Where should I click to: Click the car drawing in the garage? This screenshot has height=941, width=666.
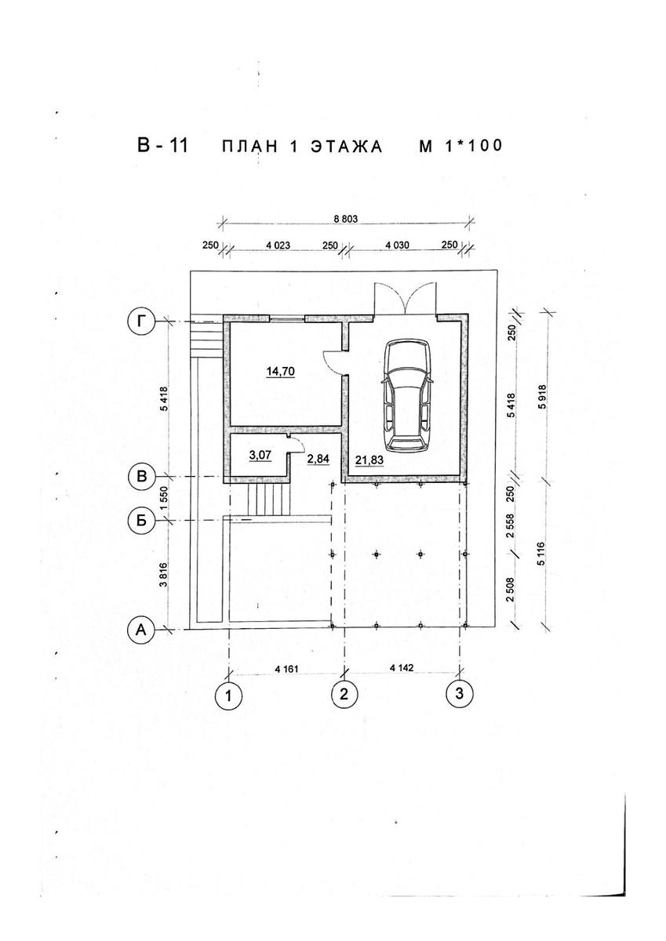(406, 396)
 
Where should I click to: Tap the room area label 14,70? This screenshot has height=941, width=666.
(281, 372)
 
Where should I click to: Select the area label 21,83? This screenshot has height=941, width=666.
(369, 460)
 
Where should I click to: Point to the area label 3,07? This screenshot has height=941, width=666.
(260, 454)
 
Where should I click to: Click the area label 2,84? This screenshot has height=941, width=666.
(318, 459)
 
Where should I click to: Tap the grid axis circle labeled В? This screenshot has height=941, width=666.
(142, 477)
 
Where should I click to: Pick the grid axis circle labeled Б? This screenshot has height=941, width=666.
(142, 521)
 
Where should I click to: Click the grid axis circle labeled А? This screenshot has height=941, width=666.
(142, 629)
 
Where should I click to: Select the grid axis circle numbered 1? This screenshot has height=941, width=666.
(228, 696)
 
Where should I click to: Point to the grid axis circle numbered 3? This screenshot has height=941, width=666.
(459, 692)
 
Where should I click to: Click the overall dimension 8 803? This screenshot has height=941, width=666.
(347, 219)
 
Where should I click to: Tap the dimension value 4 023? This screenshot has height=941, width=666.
(278, 245)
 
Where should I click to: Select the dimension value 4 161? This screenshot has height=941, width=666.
(286, 668)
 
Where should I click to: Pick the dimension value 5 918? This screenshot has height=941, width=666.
(544, 397)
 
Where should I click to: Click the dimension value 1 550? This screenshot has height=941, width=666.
(164, 498)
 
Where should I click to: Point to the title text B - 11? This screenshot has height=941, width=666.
(163, 145)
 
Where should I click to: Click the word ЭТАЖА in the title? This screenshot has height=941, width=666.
(347, 147)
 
